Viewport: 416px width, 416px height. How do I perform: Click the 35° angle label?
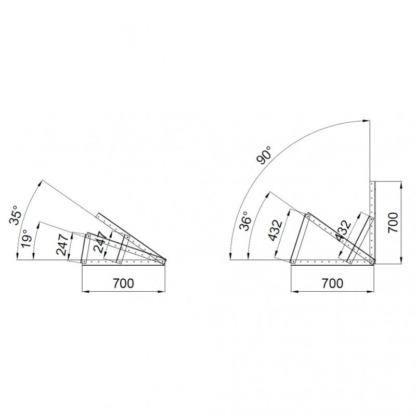(x=14, y=215)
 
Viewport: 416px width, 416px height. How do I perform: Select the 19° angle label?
(x=27, y=238)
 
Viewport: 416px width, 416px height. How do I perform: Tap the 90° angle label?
(x=264, y=155)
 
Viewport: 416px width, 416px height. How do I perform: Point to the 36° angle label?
(x=245, y=221)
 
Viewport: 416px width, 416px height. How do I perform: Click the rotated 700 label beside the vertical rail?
(x=393, y=223)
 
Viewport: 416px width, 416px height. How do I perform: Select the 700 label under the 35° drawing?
(x=123, y=283)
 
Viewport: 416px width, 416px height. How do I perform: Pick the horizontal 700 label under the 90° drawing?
(x=332, y=283)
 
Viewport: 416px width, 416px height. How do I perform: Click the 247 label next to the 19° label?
(x=62, y=244)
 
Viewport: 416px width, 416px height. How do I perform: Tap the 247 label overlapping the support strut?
(x=100, y=242)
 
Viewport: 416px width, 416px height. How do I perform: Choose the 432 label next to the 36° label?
(x=275, y=230)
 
